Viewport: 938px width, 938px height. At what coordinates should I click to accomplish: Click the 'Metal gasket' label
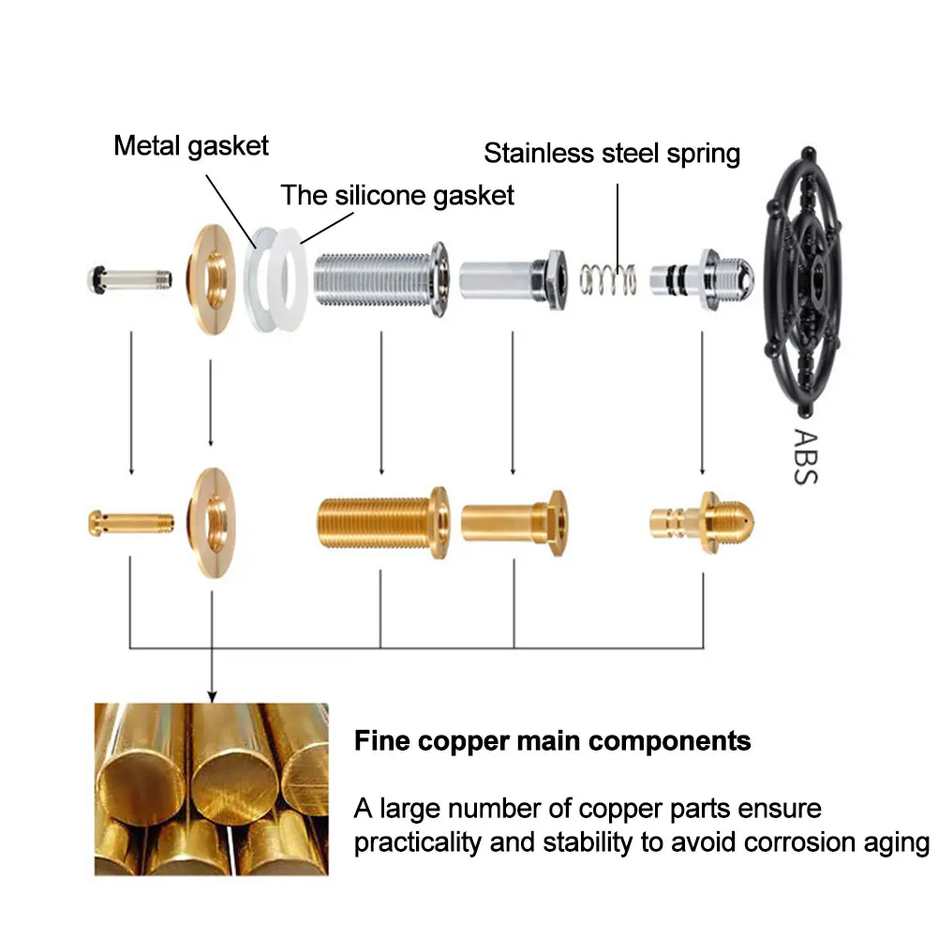(x=191, y=146)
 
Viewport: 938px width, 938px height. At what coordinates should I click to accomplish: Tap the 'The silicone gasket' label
(x=397, y=196)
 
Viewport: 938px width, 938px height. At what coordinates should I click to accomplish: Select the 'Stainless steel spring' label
(x=612, y=153)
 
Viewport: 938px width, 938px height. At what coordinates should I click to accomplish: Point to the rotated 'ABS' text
(x=805, y=455)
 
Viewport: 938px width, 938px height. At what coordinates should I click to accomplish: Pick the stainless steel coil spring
(x=608, y=279)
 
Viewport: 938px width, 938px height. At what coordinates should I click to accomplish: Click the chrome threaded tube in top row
(x=381, y=278)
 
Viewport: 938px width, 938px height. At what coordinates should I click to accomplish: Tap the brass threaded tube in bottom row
(x=382, y=523)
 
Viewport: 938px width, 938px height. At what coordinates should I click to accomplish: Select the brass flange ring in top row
(x=213, y=279)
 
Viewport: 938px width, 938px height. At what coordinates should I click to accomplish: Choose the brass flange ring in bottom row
(x=213, y=523)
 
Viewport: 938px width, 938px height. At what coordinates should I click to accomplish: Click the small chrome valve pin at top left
(x=130, y=279)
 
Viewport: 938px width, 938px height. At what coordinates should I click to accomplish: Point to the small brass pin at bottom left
(x=131, y=523)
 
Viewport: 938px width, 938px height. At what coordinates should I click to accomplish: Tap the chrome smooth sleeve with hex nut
(x=513, y=280)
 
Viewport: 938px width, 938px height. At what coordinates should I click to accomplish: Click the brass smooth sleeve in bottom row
(x=514, y=523)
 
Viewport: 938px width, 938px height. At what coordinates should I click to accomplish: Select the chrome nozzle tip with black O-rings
(x=702, y=280)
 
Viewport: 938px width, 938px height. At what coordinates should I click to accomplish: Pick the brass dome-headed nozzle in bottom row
(x=702, y=523)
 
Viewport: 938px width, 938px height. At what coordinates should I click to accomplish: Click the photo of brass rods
(x=212, y=789)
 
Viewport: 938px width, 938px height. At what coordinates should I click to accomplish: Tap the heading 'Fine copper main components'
(x=552, y=741)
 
